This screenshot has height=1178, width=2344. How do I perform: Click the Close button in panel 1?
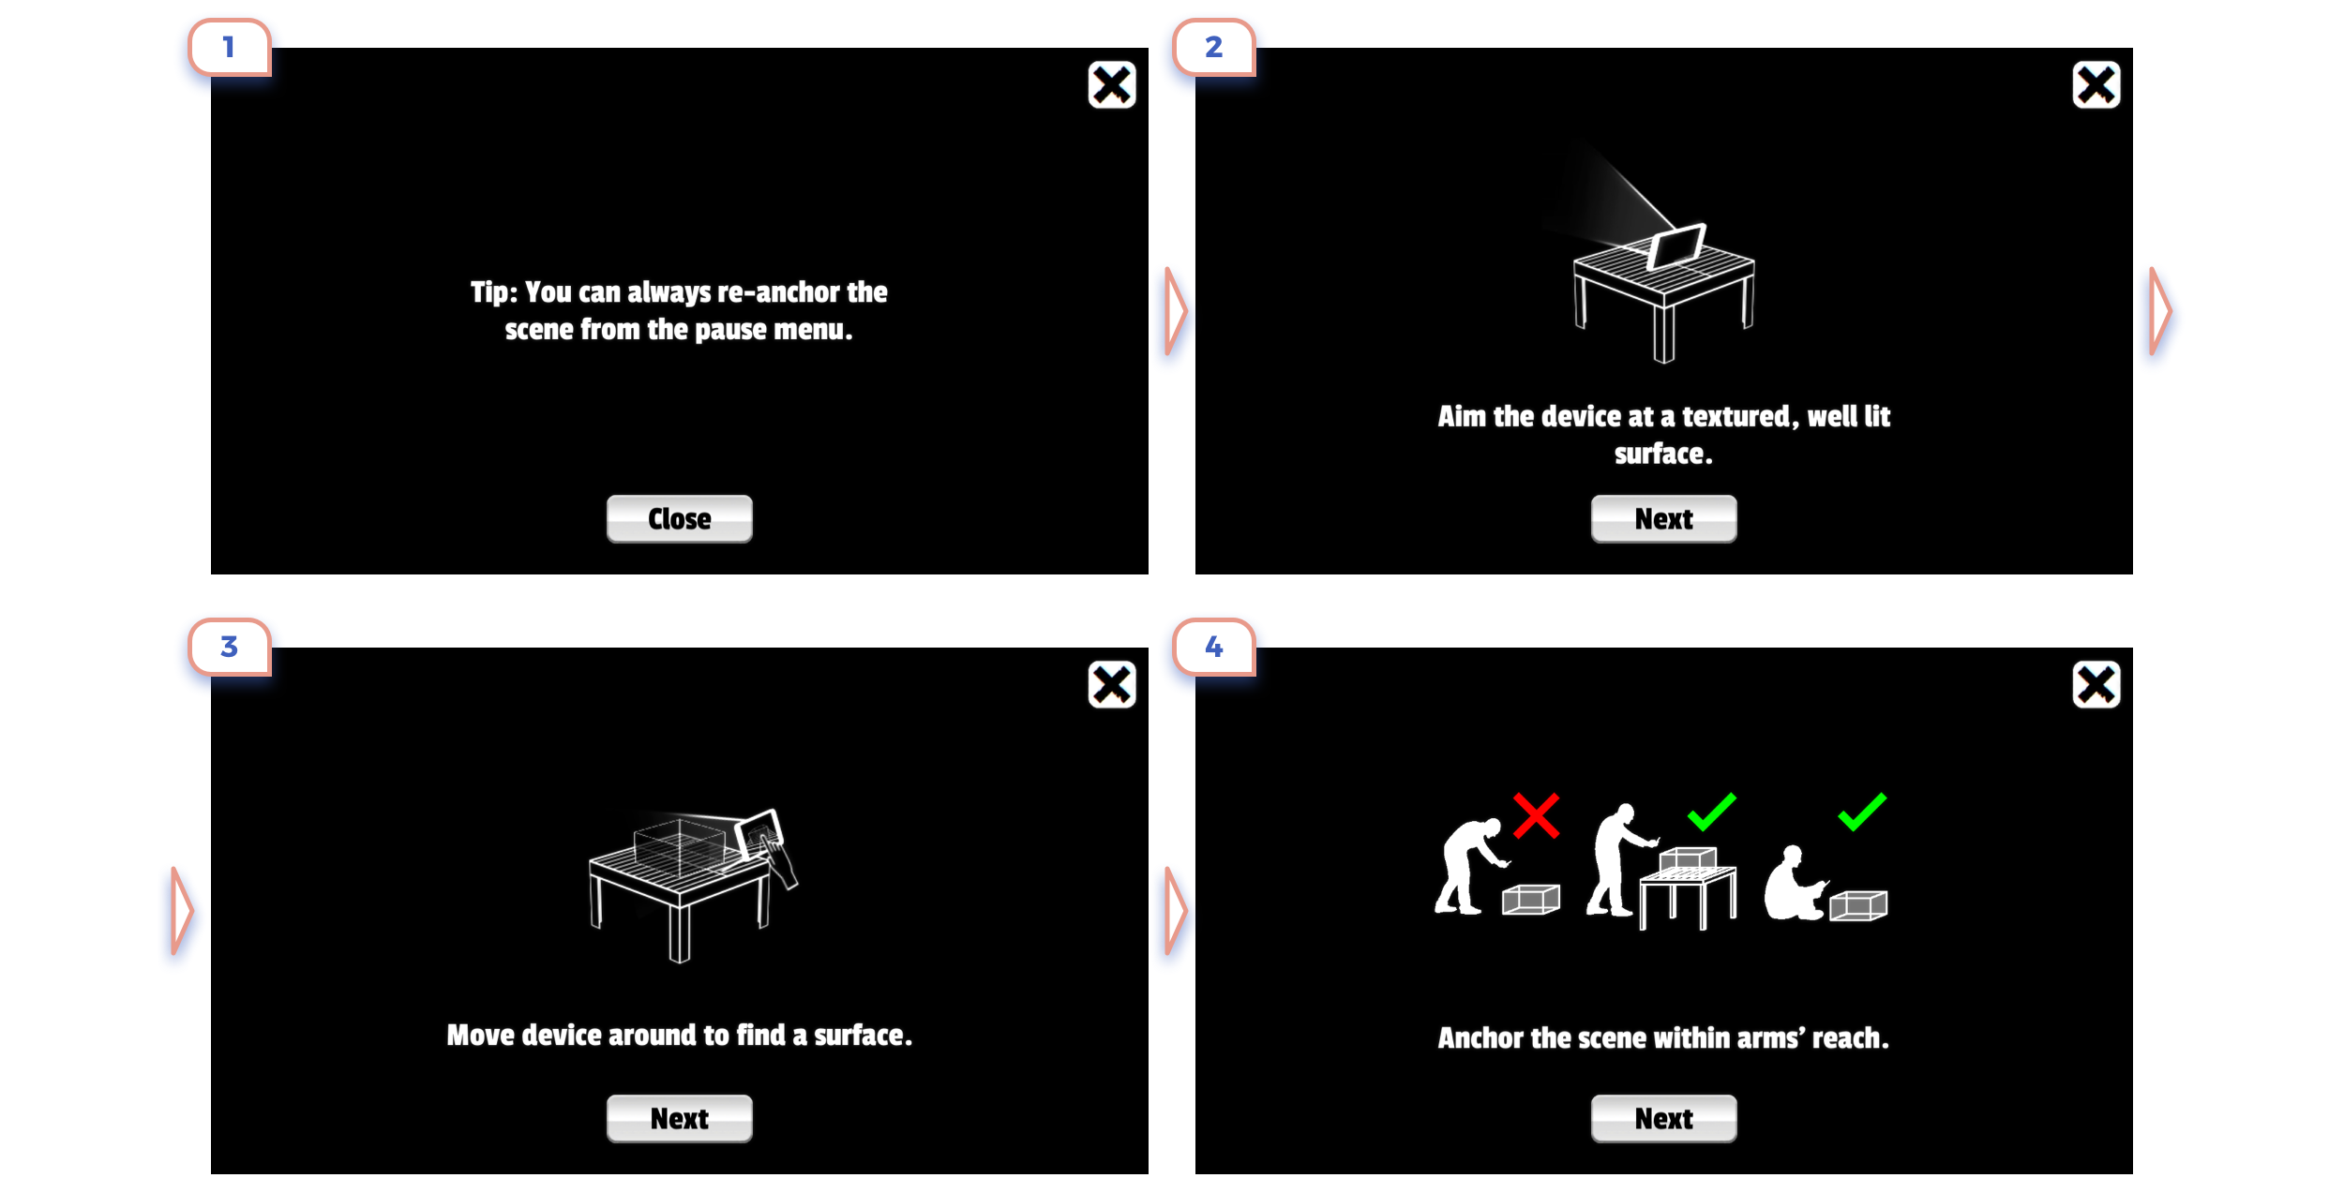point(679,518)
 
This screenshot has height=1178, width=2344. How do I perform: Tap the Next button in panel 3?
point(679,1118)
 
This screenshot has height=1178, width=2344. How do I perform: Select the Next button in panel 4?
point(1663,1118)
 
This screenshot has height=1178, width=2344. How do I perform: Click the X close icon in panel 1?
point(1112,85)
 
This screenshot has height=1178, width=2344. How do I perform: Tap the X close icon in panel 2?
point(2096,85)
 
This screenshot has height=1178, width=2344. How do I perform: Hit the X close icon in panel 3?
point(1112,685)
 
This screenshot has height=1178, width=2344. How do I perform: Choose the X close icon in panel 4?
point(2096,685)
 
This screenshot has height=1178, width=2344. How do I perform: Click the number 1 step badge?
point(230,47)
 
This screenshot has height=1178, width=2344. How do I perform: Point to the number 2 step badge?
point(1214,47)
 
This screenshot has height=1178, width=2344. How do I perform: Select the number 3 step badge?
point(230,647)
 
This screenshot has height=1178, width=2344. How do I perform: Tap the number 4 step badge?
point(1214,647)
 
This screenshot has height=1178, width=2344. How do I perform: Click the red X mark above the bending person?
point(1536,815)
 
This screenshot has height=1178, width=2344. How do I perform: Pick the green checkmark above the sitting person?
point(1862,812)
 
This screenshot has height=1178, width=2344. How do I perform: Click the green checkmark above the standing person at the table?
point(1712,812)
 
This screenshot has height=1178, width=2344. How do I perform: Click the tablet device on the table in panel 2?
point(1676,246)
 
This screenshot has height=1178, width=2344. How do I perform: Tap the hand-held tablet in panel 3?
point(759,833)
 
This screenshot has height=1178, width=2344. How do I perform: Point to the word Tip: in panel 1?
point(494,292)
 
